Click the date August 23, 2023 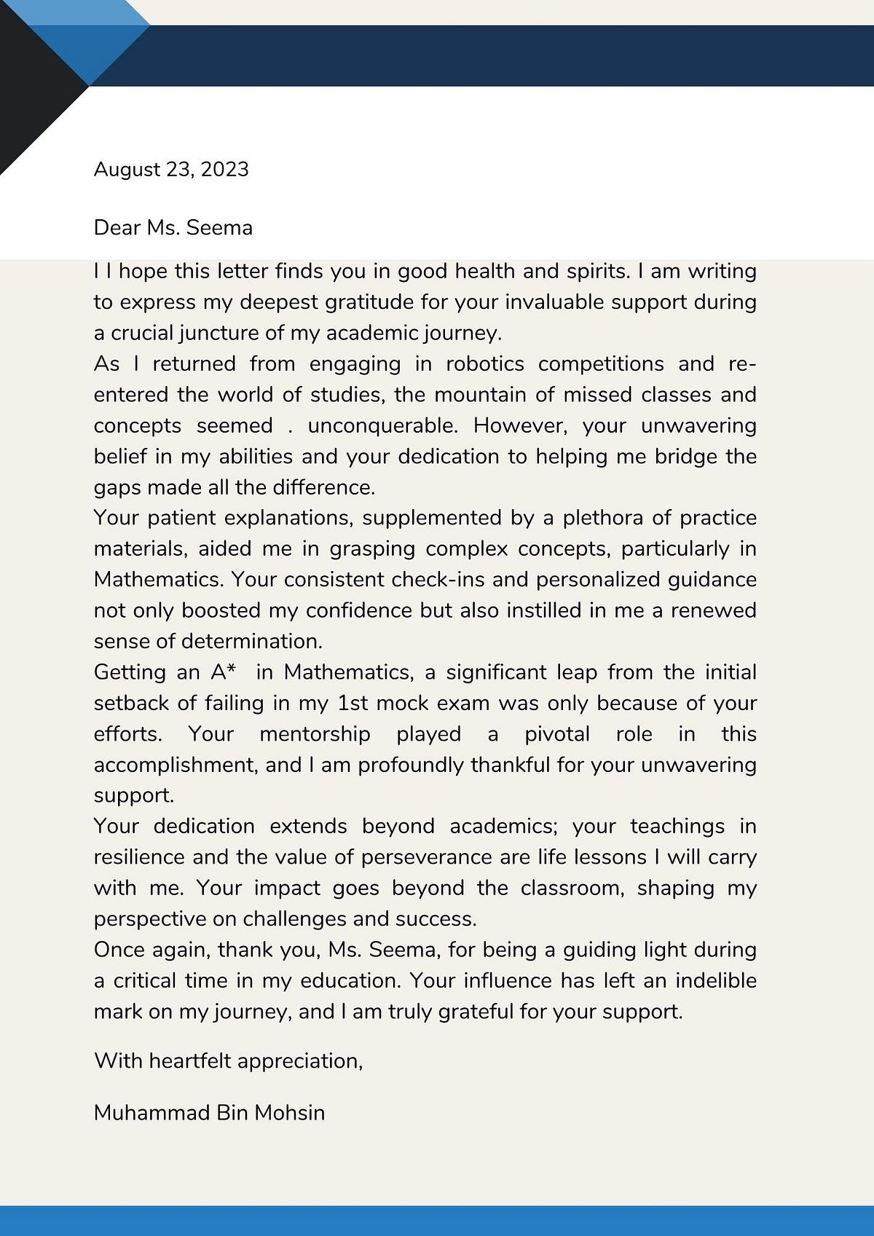point(171,170)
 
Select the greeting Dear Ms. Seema point(173,228)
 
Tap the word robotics point(484,363)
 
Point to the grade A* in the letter point(224,672)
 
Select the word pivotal point(557,733)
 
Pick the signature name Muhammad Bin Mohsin point(209,1113)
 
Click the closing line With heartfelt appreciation point(228,1060)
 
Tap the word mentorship point(315,733)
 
